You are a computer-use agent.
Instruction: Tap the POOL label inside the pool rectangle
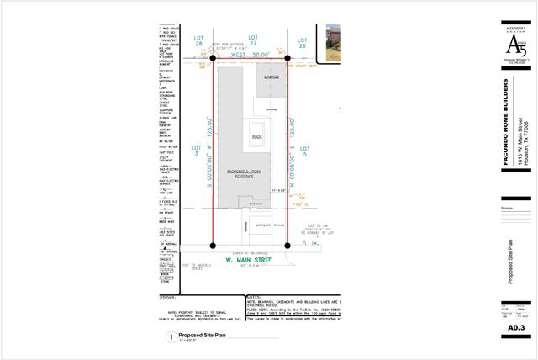(257, 136)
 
